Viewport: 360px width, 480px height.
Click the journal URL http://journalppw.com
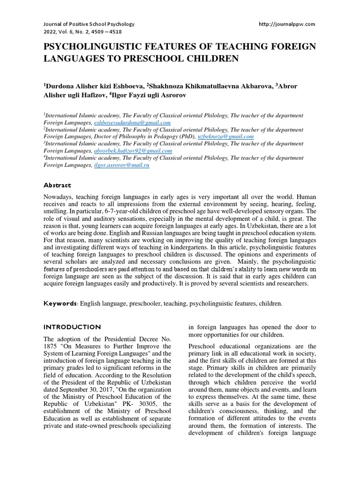[x=287, y=24]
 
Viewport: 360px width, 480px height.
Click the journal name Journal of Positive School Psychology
[x=89, y=24]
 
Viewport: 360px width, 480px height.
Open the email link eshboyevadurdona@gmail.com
[x=132, y=122]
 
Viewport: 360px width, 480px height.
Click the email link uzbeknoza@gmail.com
[x=226, y=136]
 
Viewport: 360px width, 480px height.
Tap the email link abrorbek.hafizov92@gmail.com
[x=133, y=151]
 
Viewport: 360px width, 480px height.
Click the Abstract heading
[x=58, y=185]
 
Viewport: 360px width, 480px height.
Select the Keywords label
[x=60, y=304]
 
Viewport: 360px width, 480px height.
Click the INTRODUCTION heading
[x=72, y=327]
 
